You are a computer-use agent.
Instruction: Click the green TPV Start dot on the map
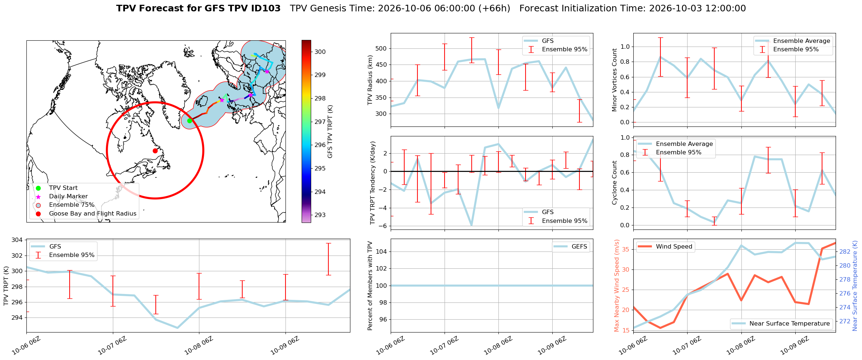[x=189, y=121]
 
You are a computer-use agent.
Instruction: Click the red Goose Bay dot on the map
[x=155, y=151]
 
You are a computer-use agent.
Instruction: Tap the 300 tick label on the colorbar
[x=320, y=52]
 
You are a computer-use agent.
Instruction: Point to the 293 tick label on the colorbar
[x=320, y=215]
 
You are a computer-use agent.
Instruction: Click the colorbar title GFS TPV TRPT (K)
[x=330, y=131]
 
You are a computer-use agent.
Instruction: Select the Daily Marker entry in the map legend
[x=68, y=196]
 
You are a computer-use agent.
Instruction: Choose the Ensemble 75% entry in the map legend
[x=71, y=205]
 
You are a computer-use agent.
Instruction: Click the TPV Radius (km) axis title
[x=370, y=80]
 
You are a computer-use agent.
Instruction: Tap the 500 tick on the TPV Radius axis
[x=382, y=48]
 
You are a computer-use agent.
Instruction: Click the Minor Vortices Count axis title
[x=615, y=80]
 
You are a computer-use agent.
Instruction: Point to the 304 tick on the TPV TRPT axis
[x=17, y=240]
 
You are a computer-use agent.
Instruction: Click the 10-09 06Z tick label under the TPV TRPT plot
[x=285, y=346]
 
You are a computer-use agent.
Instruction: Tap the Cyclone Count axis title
[x=615, y=183]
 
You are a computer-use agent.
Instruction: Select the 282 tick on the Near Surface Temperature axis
[x=845, y=251]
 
